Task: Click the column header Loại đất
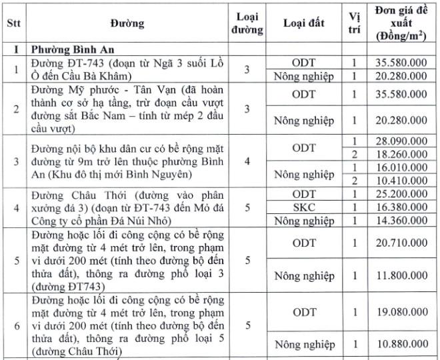pyautogui.click(x=304, y=23)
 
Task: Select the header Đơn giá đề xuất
pyautogui.click(x=400, y=23)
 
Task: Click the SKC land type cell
pyautogui.click(x=304, y=207)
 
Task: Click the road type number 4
pyautogui.click(x=247, y=161)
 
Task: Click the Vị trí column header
pyautogui.click(x=355, y=23)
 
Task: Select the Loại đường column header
pyautogui.click(x=247, y=23)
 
